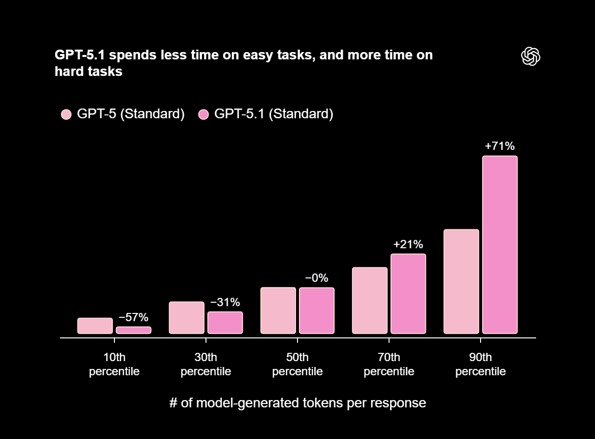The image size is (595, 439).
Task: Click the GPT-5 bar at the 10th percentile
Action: (x=95, y=326)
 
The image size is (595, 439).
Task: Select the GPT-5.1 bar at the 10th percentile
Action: (x=133, y=330)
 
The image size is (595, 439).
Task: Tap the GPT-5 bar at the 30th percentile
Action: (x=186, y=317)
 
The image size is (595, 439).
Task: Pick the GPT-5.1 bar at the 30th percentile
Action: (x=225, y=322)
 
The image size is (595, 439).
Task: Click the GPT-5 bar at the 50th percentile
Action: (x=278, y=311)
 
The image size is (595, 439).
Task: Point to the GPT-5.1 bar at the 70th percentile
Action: (x=408, y=293)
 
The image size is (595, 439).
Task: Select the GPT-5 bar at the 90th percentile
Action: (x=461, y=281)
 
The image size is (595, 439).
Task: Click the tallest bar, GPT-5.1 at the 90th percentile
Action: (x=500, y=245)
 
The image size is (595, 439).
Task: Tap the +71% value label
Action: (x=500, y=146)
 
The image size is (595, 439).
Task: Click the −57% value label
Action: (x=133, y=317)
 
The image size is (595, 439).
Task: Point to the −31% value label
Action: (x=225, y=302)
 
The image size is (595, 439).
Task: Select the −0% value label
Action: (x=316, y=278)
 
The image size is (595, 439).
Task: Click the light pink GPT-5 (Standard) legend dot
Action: (x=66, y=114)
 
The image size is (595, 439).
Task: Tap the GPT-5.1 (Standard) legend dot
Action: (x=204, y=114)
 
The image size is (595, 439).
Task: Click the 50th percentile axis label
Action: (x=297, y=365)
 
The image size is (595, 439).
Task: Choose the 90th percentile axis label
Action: (x=480, y=365)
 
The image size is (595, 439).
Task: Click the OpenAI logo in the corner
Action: (x=531, y=56)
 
